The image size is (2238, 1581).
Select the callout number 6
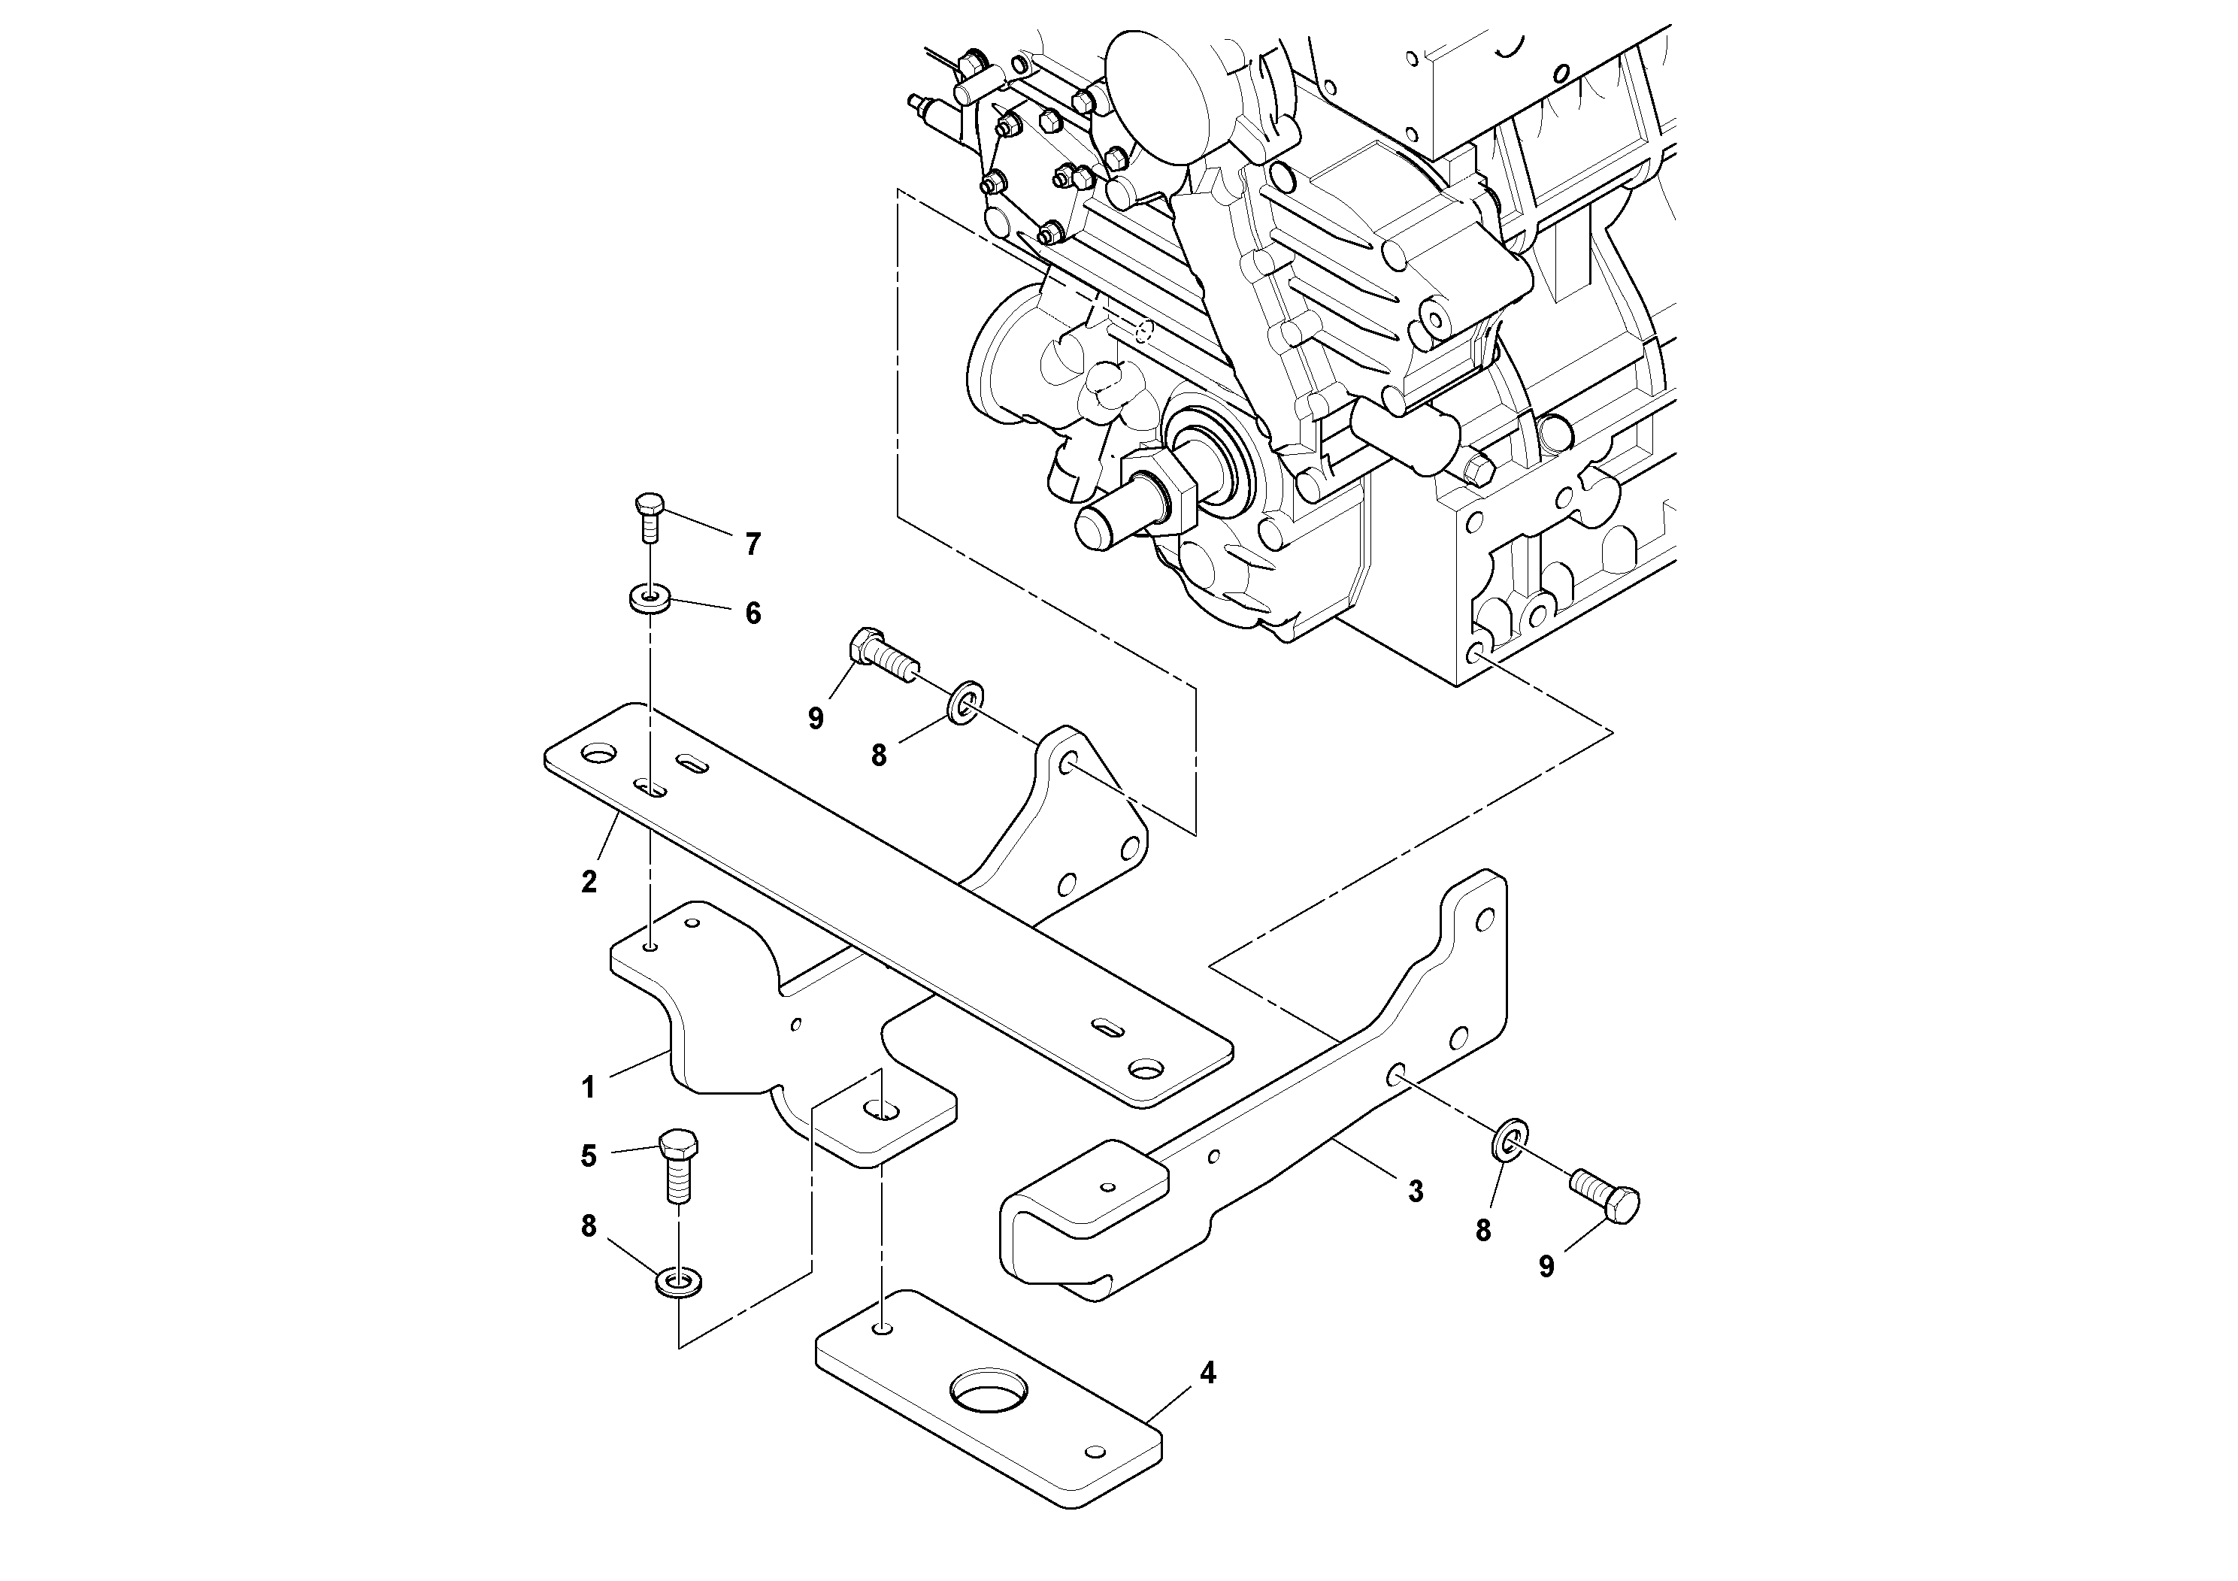click(753, 613)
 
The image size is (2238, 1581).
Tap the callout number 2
click(589, 882)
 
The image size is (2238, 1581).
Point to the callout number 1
click(588, 1087)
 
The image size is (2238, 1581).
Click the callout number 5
click(589, 1156)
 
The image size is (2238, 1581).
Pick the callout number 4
click(1207, 1374)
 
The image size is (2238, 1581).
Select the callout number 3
click(1416, 1190)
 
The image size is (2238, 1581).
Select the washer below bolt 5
click(680, 1280)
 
